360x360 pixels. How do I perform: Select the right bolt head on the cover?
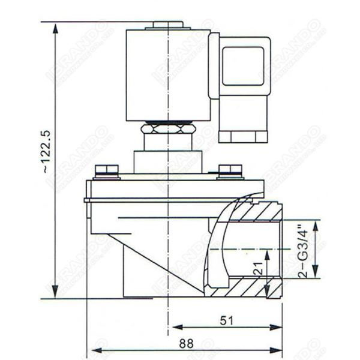[x=230, y=170]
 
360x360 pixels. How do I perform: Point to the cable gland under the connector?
[x=242, y=130]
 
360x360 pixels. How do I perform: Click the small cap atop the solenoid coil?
[x=168, y=25]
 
